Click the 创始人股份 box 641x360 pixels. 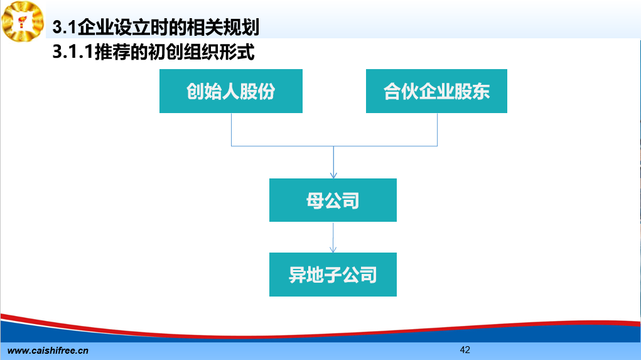231,91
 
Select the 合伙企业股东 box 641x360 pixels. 436,91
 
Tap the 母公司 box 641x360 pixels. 333,200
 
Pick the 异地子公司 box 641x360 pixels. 333,275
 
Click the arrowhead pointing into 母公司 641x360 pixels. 333,175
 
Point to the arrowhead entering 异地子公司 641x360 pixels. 333,249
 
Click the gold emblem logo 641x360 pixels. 23,21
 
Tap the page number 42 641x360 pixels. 465,350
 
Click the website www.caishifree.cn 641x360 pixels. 48,351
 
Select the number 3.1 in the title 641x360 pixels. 64,27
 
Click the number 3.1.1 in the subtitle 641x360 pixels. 73,52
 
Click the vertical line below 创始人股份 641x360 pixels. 232,129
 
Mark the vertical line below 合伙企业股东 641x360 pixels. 438,129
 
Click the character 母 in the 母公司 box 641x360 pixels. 315,200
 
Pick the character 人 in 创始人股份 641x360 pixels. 230,91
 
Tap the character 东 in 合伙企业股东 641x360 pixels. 481,91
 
